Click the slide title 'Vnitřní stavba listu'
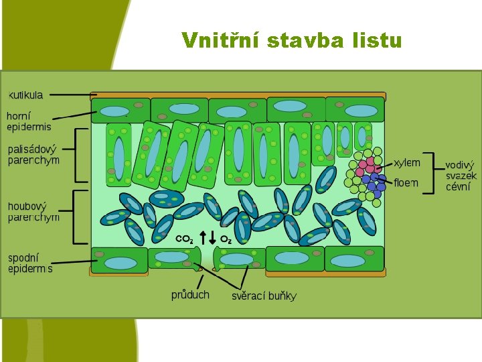pyautogui.click(x=291, y=41)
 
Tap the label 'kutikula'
pyautogui.click(x=25, y=95)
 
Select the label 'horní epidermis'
pyautogui.click(x=28, y=121)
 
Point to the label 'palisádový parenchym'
pyautogui.click(x=33, y=155)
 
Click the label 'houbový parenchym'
pyautogui.click(x=33, y=211)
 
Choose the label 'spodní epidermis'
pyautogui.click(x=30, y=263)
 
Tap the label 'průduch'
pyautogui.click(x=190, y=294)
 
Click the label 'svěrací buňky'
pyautogui.click(x=264, y=296)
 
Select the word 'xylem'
pyautogui.click(x=407, y=162)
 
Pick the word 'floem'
pyautogui.click(x=406, y=182)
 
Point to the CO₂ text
pyautogui.click(x=184, y=239)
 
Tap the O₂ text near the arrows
pyautogui.click(x=226, y=239)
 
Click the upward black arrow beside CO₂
pyautogui.click(x=203, y=237)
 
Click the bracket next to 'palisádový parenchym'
pyautogui.click(x=81, y=156)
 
